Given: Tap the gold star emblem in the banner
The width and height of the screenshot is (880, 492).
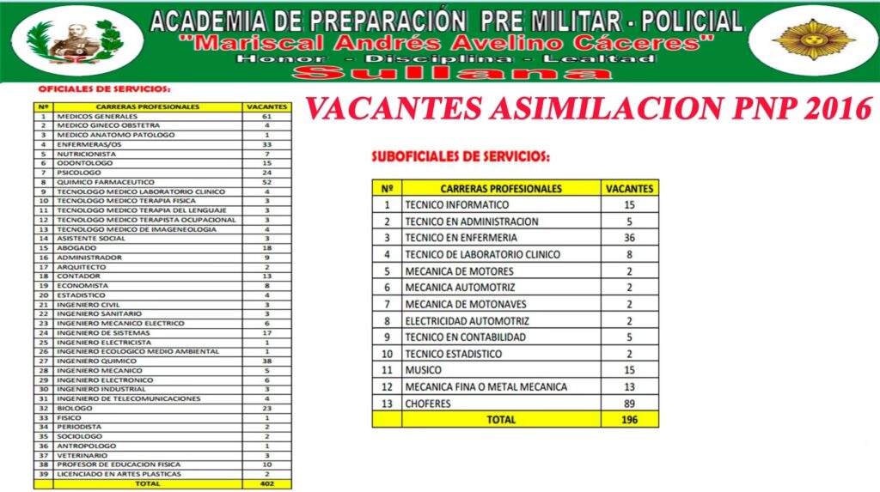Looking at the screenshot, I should point(813,39).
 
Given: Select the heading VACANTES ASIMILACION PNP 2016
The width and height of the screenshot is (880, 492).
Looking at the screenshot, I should point(589,109).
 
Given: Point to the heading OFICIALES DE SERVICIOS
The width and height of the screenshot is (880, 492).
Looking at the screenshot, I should point(104,89).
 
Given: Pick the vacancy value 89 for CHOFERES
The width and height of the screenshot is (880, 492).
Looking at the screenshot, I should point(629,404).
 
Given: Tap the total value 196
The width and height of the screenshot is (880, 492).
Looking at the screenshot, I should point(629,420).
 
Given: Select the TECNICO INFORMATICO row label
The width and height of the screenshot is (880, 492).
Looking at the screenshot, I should point(457,205).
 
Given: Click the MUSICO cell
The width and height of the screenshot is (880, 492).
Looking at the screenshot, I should point(424,370).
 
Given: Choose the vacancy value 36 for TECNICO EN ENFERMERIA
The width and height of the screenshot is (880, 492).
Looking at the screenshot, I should point(629,238).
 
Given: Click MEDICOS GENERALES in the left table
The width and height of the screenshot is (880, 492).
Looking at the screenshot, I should point(87,116).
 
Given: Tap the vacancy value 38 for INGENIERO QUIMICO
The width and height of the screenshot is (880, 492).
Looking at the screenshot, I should point(267,361).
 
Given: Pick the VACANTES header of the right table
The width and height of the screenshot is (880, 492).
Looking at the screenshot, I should point(629,188).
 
